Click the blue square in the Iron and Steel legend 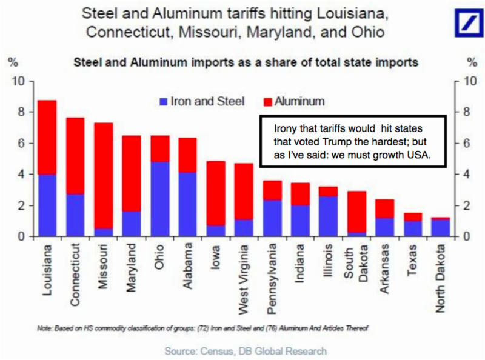[x=163, y=101]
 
